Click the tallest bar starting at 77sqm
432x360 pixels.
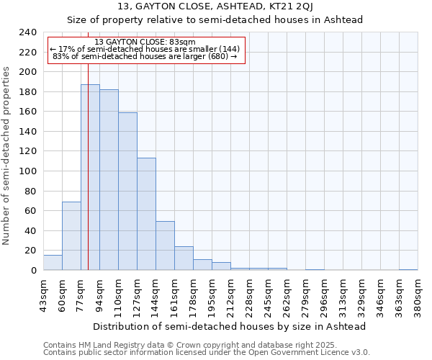click(x=90, y=177)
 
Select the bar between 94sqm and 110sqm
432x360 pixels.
click(x=109, y=180)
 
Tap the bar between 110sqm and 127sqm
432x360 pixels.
click(x=127, y=192)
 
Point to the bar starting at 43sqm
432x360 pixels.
click(x=53, y=263)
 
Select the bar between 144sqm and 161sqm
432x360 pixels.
click(x=165, y=246)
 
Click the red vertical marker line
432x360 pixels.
click(x=88, y=144)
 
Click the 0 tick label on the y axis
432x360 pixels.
click(x=33, y=270)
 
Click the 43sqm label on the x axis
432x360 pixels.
click(x=43, y=295)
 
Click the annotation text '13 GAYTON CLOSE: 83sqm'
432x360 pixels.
click(x=145, y=42)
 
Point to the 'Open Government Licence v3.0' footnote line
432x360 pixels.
click(x=207, y=353)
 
